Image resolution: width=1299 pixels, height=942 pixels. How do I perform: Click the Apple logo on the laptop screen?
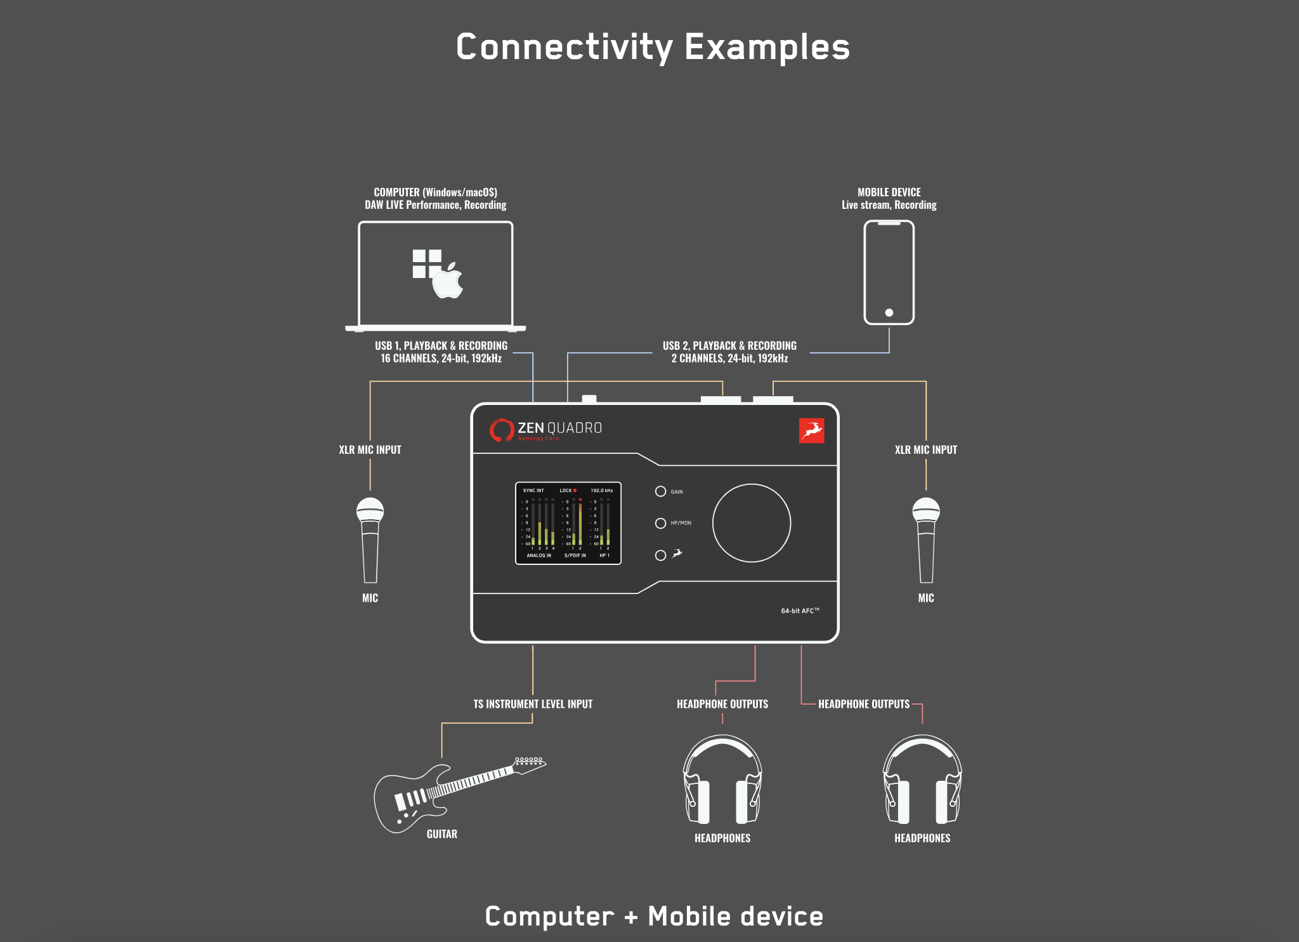448,281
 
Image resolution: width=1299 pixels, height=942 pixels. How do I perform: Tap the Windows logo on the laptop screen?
426,263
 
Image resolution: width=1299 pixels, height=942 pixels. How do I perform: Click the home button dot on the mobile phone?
889,312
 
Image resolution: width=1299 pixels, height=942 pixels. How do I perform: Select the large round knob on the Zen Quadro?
751,523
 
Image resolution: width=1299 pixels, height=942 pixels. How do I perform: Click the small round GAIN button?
660,491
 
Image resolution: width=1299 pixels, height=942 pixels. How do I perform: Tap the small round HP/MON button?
660,523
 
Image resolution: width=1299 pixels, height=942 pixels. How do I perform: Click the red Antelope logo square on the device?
811,430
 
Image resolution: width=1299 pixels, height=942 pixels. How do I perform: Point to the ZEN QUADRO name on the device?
559,428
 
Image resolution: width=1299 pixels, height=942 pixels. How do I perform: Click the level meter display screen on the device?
568,523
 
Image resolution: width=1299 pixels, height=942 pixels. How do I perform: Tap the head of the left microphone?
370,510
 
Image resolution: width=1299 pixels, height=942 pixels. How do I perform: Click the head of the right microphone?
925,510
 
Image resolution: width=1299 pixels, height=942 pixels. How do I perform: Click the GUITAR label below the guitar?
441,834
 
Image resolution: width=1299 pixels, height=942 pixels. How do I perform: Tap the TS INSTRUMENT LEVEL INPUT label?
533,704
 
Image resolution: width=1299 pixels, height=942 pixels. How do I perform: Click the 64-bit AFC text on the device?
800,611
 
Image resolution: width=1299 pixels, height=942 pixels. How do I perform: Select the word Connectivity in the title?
565,48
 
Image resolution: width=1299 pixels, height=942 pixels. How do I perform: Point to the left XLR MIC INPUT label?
370,449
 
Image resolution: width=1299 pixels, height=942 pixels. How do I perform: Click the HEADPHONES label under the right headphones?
922,838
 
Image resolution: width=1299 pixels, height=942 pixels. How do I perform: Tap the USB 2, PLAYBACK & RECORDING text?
729,346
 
